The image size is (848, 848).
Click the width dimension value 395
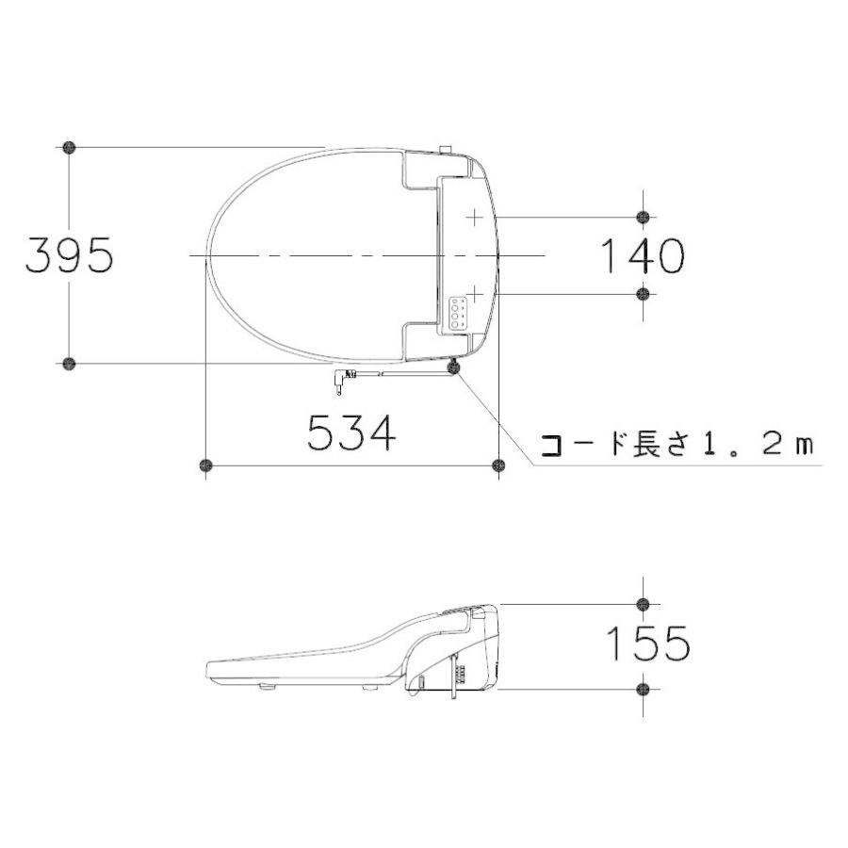(x=69, y=254)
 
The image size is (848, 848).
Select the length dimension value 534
(x=351, y=433)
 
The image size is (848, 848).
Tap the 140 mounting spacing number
(x=642, y=255)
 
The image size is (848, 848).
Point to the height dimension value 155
(x=647, y=644)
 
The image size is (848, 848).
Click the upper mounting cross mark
(x=473, y=218)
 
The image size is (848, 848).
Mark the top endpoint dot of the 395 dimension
(x=69, y=147)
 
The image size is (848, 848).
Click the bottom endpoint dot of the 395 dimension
(x=69, y=363)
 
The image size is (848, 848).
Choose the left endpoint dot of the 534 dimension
(x=205, y=465)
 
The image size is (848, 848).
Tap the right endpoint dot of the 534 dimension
(x=499, y=465)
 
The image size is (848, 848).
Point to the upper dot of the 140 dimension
(x=643, y=218)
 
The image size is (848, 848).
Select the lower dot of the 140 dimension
(x=643, y=294)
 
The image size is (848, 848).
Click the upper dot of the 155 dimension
(x=643, y=604)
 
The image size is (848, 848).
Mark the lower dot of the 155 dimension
(x=643, y=690)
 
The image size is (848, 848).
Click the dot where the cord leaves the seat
(x=455, y=369)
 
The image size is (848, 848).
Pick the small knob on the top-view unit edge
(x=447, y=149)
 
